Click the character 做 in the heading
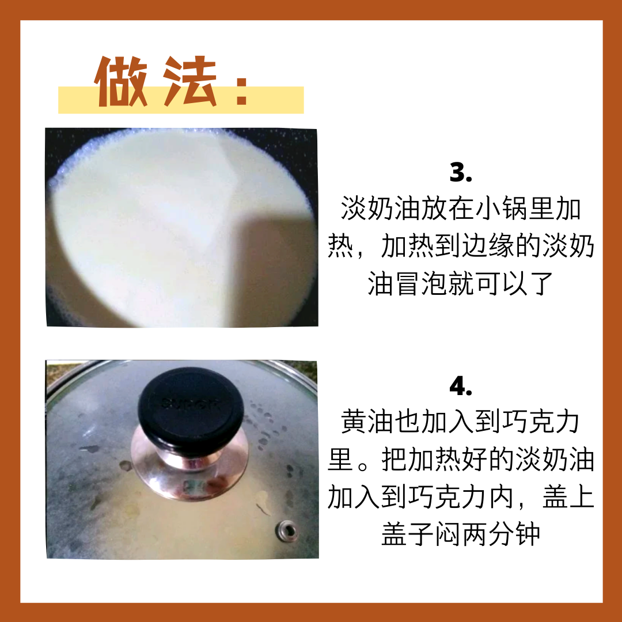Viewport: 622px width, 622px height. pos(120,81)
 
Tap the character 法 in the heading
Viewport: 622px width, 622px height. pos(190,81)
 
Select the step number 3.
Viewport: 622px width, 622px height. pos(461,173)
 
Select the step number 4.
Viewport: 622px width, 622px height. pos(461,386)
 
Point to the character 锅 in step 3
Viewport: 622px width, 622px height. pos(514,208)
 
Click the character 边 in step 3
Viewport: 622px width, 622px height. pos(474,246)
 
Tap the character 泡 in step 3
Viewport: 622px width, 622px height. pos(434,283)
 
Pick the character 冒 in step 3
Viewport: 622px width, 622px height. pos(407,283)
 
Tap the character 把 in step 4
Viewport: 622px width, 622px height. pos(394,460)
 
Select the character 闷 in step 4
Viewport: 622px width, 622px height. pos(447,534)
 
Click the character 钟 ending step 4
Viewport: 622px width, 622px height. pos(528,534)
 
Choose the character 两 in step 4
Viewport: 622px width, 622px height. pos(474,534)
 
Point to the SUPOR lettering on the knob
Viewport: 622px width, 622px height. pos(190,404)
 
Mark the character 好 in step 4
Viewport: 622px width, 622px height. pos(474,460)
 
